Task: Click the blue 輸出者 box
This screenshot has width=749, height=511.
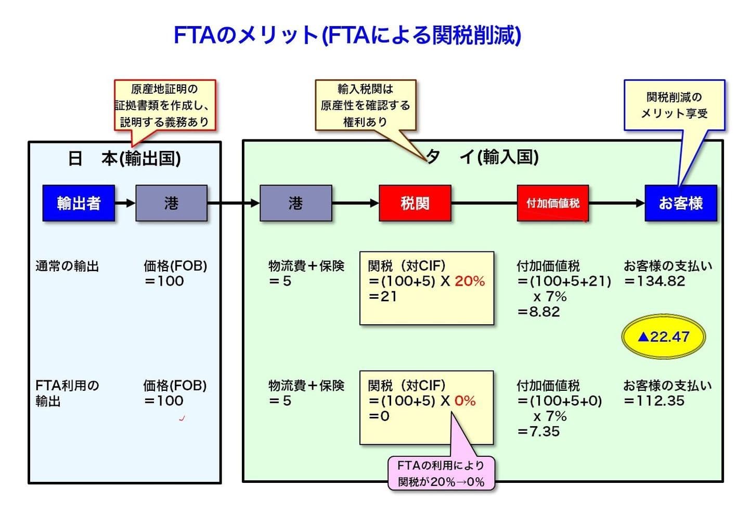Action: point(79,203)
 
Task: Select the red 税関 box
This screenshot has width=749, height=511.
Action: point(415,203)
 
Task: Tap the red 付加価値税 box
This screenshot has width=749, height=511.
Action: point(552,203)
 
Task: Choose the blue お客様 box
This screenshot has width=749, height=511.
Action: point(680,203)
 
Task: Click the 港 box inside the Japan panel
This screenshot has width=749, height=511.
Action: point(171,203)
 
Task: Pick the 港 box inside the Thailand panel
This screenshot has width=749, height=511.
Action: point(295,203)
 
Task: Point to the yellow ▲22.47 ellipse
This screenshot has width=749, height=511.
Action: point(663,337)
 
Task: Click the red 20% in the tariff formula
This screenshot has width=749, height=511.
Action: point(469,282)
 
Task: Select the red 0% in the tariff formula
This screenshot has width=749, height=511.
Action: point(464,401)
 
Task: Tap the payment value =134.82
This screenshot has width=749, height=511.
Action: point(655,282)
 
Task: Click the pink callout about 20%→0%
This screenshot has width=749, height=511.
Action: point(441,474)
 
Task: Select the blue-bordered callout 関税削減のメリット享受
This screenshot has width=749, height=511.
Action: point(674,105)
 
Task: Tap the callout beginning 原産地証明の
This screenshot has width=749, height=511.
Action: point(164,105)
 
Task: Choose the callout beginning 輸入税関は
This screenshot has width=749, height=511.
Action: point(365,105)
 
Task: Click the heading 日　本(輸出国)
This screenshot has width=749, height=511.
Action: point(124,158)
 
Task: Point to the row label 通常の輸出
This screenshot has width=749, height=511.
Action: point(67,266)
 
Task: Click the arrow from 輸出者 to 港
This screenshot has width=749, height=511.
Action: point(125,203)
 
